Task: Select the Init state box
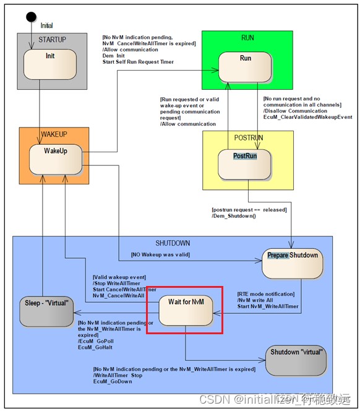(49, 64)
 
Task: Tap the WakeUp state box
(55, 160)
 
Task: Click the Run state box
(244, 66)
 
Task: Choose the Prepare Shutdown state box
(293, 264)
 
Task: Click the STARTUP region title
(52, 40)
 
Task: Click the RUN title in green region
(247, 38)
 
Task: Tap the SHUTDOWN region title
(173, 243)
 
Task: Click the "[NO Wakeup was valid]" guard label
(160, 254)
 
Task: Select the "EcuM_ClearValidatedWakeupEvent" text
(307, 117)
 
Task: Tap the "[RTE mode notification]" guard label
(266, 293)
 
